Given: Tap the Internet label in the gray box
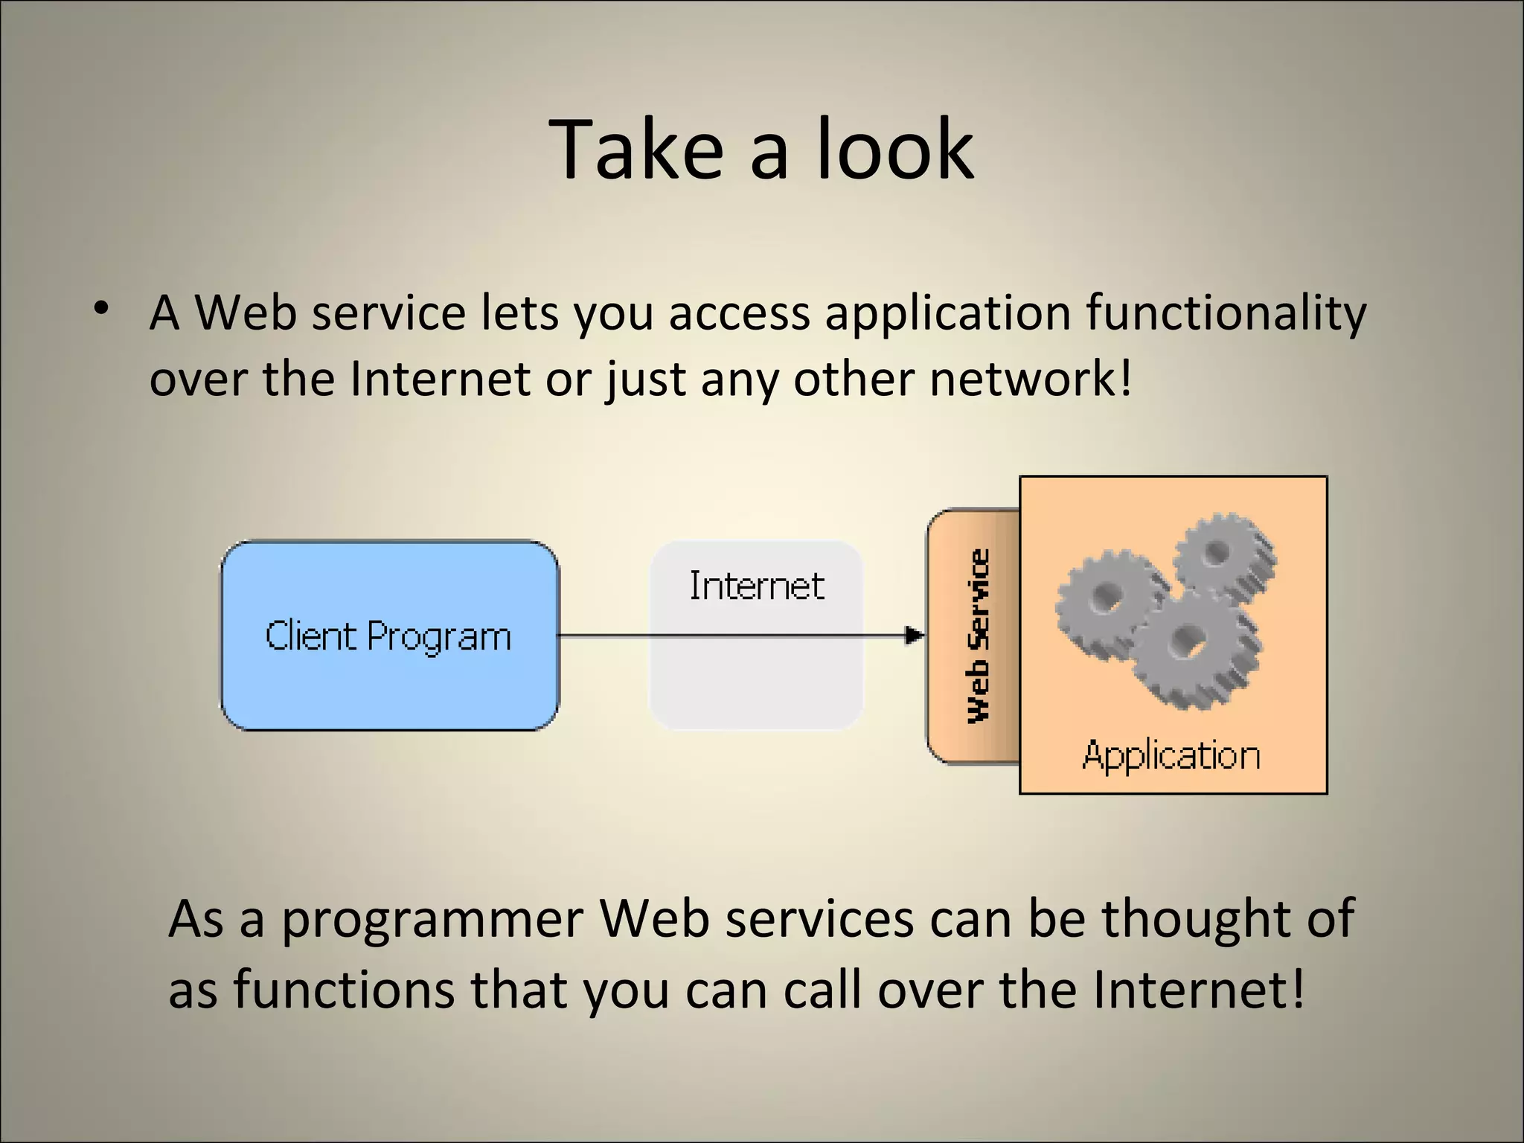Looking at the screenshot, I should (x=756, y=586).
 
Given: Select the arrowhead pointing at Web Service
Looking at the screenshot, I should (x=915, y=635).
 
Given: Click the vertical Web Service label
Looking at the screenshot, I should (x=979, y=635).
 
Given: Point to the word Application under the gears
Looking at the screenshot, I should (x=1171, y=755).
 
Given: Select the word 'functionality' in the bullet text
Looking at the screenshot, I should (x=1226, y=313).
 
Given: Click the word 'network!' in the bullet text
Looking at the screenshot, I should (x=1031, y=379).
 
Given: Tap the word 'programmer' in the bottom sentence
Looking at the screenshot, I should (x=432, y=919).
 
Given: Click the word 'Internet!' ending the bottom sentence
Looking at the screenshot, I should (x=1198, y=990).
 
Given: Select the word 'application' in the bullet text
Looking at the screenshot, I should (x=947, y=313).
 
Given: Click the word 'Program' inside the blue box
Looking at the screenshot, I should (x=439, y=637).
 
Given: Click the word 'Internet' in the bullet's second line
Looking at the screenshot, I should (x=440, y=379).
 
